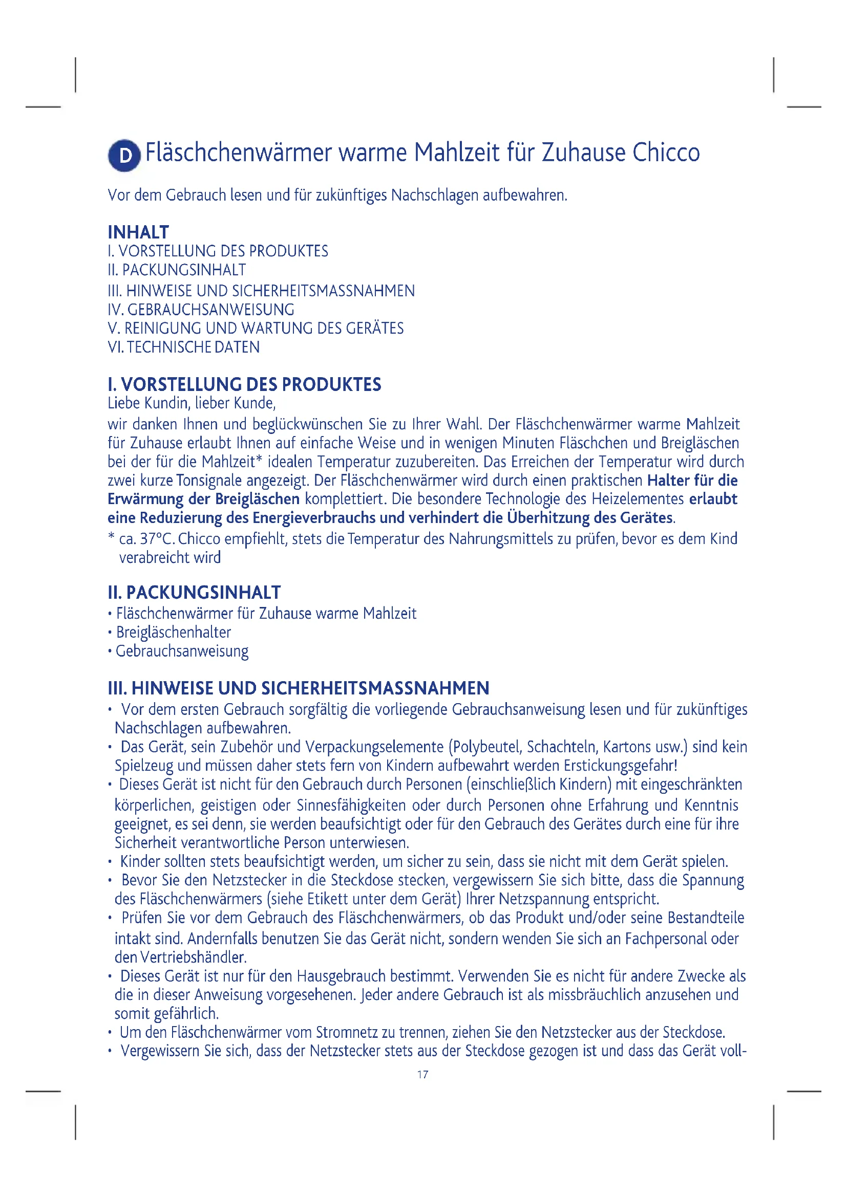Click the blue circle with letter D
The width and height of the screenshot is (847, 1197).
click(x=124, y=155)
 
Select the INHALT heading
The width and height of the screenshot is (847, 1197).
click(x=138, y=232)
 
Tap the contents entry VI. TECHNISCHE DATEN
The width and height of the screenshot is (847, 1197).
click(x=184, y=347)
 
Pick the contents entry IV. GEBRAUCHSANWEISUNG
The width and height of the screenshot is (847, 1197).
click(x=201, y=310)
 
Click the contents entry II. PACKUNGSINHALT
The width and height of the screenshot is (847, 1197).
click(x=177, y=270)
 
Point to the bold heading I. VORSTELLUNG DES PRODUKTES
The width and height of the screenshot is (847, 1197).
click(x=244, y=385)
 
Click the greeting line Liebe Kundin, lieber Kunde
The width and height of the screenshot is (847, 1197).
click(x=192, y=403)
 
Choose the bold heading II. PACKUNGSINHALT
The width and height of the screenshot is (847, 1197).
click(x=194, y=593)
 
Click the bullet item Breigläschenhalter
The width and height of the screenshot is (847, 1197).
click(x=173, y=633)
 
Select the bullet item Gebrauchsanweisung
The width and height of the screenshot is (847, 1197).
click(x=182, y=651)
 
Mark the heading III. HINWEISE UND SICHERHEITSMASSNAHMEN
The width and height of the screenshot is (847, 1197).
click(x=299, y=689)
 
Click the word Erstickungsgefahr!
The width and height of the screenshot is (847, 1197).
click(x=620, y=766)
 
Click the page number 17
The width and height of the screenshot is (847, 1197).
click(x=423, y=1075)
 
